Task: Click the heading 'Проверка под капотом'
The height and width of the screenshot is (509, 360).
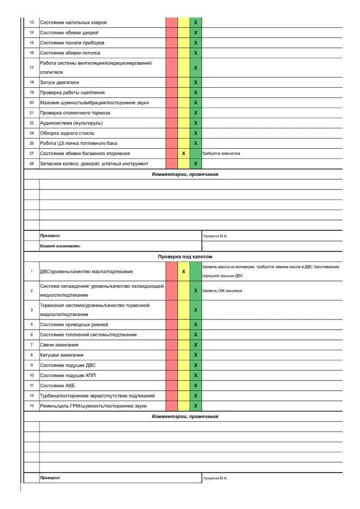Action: (185, 257)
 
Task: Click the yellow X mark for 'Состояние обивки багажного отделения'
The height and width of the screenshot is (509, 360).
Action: (184, 153)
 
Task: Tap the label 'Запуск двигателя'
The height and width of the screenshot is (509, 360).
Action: (59, 83)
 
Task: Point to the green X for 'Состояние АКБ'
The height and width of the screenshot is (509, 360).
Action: (196, 385)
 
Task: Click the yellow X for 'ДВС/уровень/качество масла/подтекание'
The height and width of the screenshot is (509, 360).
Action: (184, 271)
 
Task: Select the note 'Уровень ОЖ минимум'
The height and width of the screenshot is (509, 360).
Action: (222, 291)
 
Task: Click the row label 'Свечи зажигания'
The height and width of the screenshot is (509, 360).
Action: (59, 344)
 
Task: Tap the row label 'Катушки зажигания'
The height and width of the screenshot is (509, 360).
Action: (62, 355)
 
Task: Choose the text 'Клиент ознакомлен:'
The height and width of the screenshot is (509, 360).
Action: (60, 246)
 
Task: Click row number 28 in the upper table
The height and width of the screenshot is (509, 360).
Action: (32, 163)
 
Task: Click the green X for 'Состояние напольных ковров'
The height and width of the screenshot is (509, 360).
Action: (196, 23)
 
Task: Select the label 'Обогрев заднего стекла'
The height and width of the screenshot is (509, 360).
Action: (67, 133)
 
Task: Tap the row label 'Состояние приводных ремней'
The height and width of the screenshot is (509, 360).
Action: (74, 325)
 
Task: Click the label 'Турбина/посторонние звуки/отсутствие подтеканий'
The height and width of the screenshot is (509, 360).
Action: (97, 395)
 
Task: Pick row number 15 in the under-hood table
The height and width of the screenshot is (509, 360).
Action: (32, 406)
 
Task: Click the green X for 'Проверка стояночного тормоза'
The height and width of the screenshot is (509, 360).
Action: (196, 113)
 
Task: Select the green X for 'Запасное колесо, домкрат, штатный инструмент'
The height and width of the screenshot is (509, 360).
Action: (196, 163)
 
